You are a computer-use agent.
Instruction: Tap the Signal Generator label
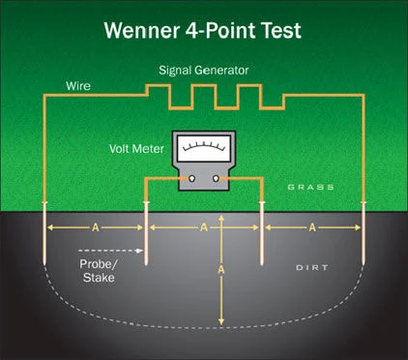[x=205, y=71]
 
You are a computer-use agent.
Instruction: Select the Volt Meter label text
[x=135, y=150]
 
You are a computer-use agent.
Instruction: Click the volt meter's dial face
[x=204, y=152]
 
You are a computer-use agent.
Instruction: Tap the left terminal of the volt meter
[x=191, y=178]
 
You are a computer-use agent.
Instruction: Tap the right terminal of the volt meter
[x=217, y=178]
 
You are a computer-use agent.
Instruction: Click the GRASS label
[x=309, y=186]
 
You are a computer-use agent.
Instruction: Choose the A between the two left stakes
[x=96, y=227]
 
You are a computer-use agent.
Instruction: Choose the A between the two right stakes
[x=313, y=227]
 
